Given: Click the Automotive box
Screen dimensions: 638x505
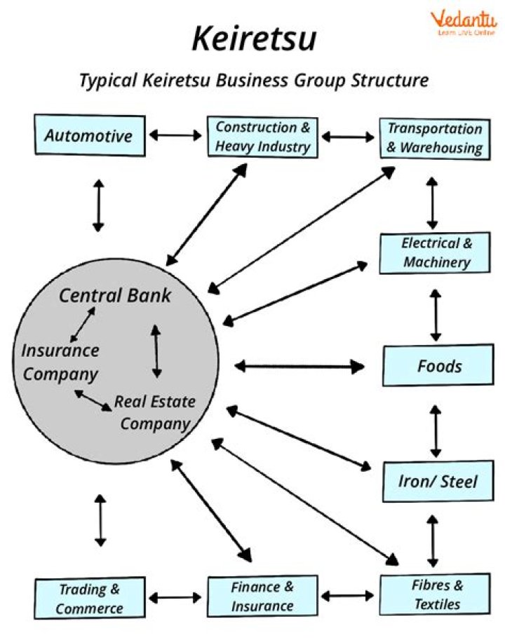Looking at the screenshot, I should [x=89, y=135].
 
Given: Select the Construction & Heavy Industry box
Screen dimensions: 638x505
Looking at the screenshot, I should [x=262, y=137].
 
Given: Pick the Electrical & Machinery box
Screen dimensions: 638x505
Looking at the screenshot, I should [x=436, y=253].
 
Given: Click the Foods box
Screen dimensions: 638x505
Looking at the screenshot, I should [x=439, y=366].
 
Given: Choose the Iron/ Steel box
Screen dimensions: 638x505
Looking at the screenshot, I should [x=438, y=481].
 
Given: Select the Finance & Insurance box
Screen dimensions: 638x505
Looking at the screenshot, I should [x=262, y=596].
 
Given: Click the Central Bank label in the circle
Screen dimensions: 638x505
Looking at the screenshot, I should [x=114, y=295].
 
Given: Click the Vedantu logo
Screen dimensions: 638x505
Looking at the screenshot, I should [x=464, y=22].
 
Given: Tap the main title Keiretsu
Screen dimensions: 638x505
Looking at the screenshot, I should [x=253, y=39].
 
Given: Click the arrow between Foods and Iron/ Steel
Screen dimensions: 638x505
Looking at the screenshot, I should [x=436, y=430].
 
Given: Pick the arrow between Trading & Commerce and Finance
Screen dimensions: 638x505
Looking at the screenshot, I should [x=175, y=597].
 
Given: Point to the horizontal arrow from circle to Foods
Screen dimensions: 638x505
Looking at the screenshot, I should [x=299, y=365].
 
